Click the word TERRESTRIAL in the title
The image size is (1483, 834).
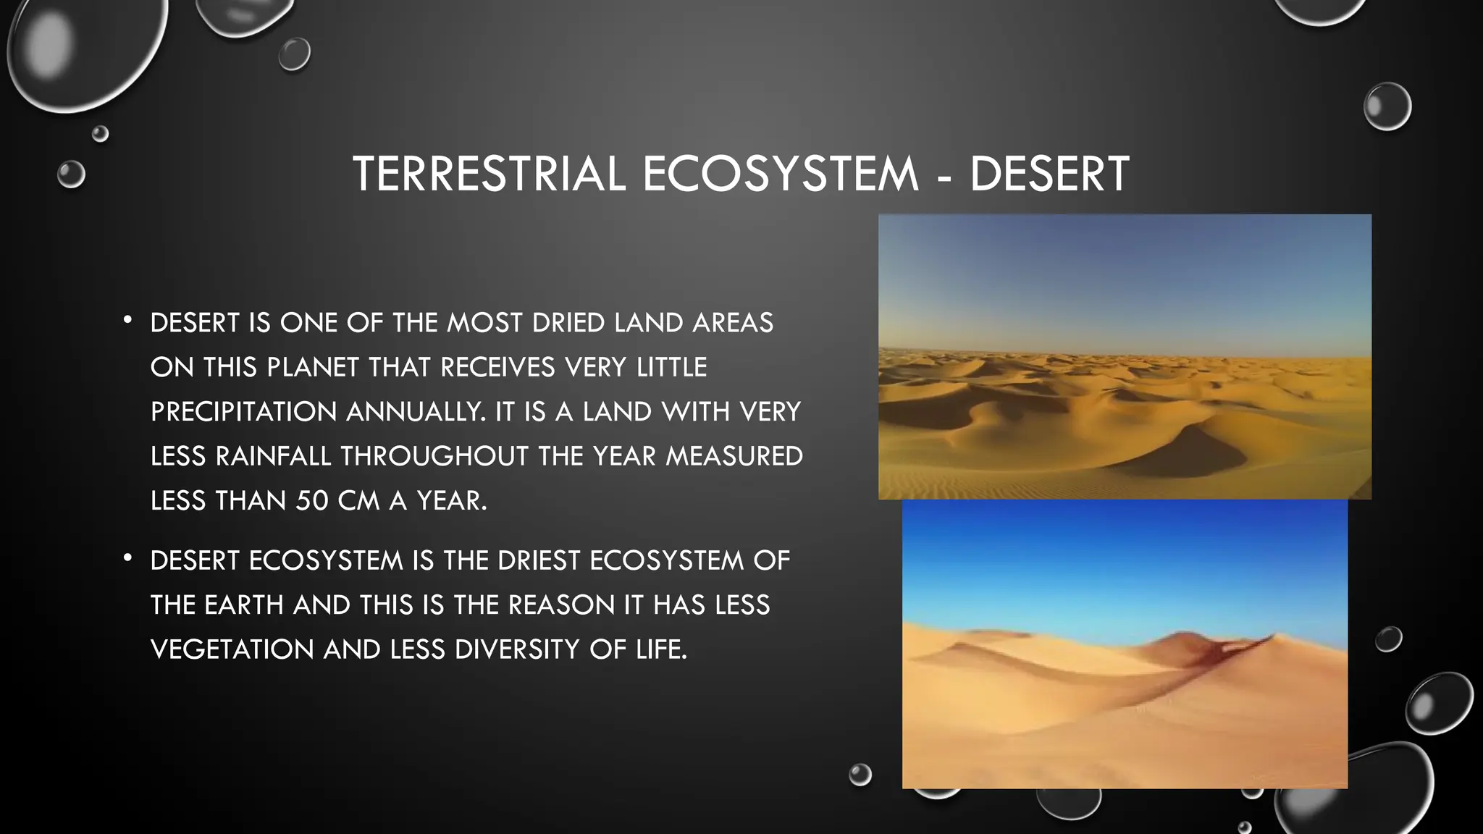(490, 174)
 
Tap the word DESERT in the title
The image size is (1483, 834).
(1049, 174)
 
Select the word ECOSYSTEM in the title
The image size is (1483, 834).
(780, 174)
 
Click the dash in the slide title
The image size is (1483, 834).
(944, 177)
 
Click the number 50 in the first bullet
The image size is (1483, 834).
(312, 500)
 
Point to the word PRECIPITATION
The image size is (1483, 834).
(243, 412)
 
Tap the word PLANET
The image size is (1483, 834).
(313, 367)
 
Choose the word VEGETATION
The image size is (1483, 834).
(232, 649)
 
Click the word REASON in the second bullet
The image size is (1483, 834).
(561, 605)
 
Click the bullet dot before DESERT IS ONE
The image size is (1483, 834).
(127, 319)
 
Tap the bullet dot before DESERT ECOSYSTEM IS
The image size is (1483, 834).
(127, 557)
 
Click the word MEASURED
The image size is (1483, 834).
(734, 456)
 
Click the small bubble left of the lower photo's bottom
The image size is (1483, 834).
(860, 775)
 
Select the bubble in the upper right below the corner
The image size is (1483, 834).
(1387, 106)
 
